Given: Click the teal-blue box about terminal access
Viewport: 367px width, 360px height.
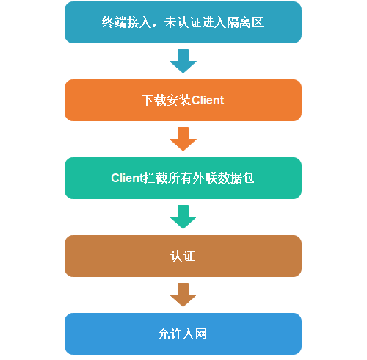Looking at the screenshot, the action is (183, 22).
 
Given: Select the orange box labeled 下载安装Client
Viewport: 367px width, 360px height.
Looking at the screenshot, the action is (183, 100).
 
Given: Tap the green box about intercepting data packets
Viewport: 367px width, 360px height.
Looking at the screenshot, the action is (183, 178).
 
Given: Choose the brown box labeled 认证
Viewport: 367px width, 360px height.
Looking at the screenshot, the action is (183, 256).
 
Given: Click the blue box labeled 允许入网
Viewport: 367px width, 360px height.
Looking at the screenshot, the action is (183, 334).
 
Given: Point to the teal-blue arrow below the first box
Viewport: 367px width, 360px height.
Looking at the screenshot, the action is (183, 61).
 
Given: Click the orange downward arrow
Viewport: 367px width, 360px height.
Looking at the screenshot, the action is (183, 139).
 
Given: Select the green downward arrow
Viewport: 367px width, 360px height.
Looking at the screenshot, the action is (183, 217).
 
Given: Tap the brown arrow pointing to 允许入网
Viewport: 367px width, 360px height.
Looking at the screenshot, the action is (183, 295).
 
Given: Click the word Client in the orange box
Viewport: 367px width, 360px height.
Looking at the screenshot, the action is (208, 100).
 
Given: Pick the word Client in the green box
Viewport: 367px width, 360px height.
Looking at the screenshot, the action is (127, 178).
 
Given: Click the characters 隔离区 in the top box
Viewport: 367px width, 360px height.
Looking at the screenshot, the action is (245, 22).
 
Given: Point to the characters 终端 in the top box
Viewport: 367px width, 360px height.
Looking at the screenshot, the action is (114, 22).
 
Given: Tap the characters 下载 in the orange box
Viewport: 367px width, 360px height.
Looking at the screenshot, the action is (154, 100).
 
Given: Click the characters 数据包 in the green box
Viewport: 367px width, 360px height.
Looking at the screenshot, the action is (236, 178).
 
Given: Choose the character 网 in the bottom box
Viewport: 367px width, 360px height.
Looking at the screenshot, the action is (201, 334).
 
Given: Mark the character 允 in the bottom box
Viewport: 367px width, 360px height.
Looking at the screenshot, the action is (164, 334).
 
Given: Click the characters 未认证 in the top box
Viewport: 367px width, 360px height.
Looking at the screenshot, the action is (183, 22).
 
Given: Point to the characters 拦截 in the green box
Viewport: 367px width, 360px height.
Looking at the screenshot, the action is (156, 178).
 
